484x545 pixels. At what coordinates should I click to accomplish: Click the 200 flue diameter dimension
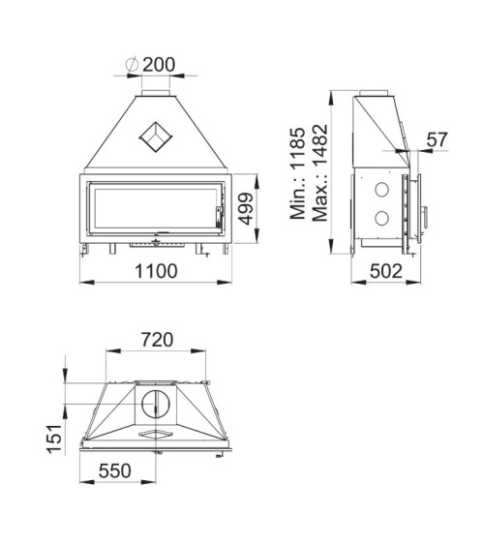tap(159, 65)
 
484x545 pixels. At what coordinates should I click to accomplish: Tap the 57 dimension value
tap(438, 139)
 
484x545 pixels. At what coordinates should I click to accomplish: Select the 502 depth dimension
tap(386, 272)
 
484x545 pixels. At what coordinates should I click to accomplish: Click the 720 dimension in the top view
tap(157, 340)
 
